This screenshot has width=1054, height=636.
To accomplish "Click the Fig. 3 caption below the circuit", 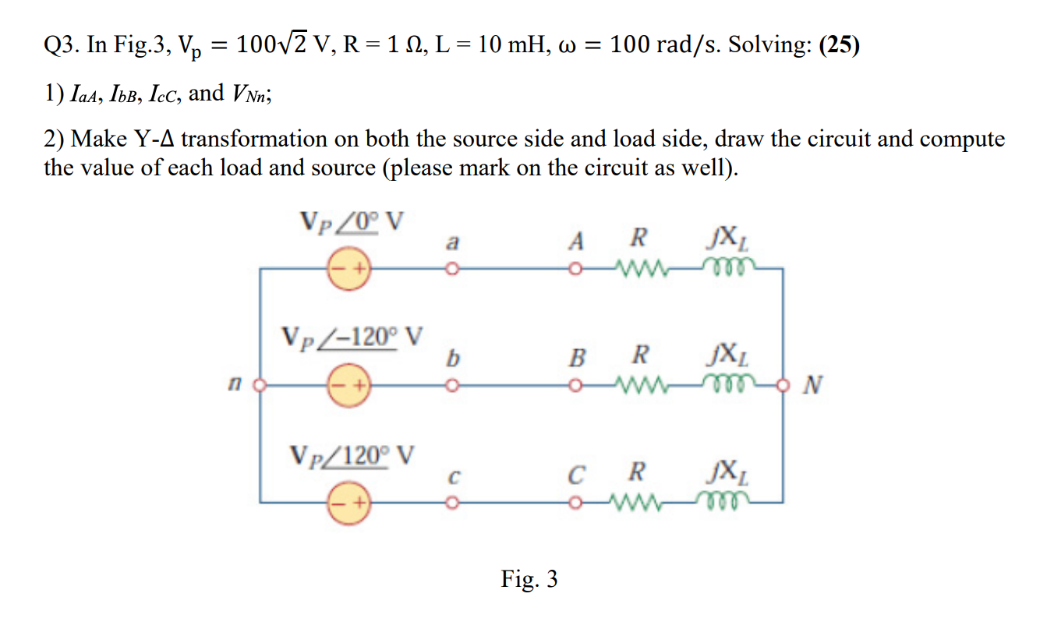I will click(529, 579).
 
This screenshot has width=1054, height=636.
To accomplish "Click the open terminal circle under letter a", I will click(450, 270).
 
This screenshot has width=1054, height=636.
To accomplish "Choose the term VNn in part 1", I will click(250, 94).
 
